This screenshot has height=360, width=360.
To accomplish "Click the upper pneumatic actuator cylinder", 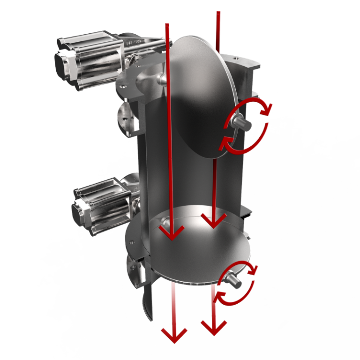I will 94,59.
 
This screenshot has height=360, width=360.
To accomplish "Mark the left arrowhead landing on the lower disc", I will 172,232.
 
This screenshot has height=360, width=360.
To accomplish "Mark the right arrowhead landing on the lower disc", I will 213,221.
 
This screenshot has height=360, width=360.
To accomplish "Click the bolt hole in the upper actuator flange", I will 123,86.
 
